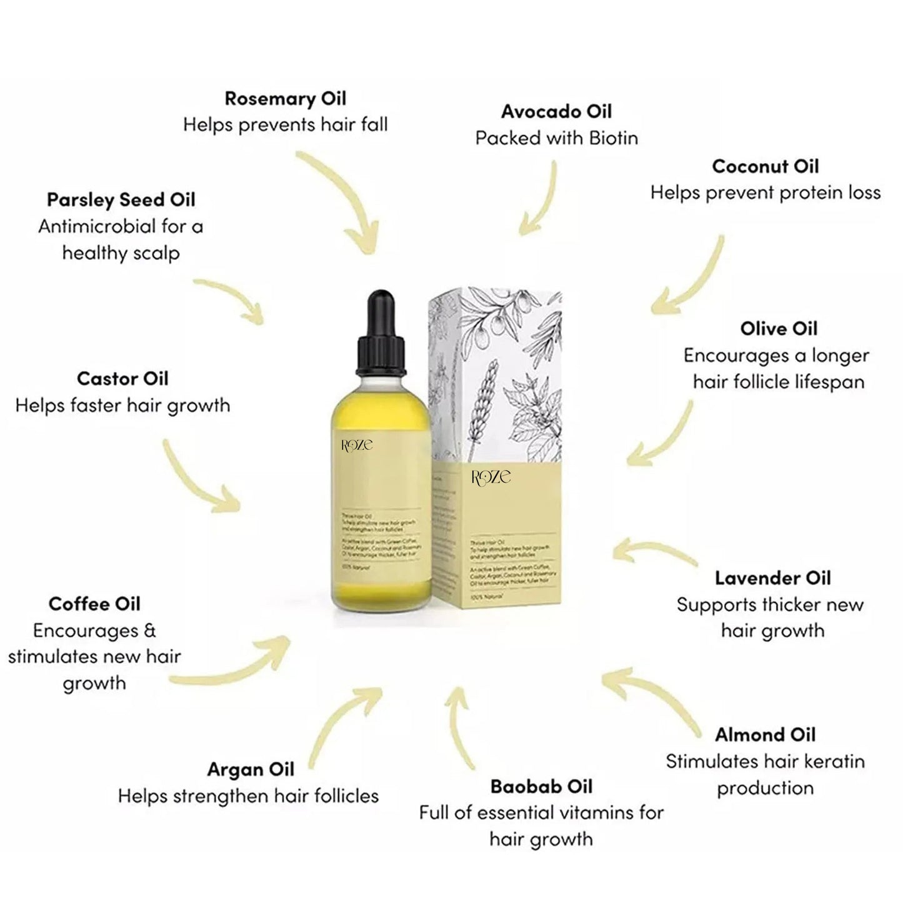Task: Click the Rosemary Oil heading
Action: point(285,99)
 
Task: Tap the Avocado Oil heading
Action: point(556,112)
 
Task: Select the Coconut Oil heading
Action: point(765,166)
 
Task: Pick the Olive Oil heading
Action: point(779,329)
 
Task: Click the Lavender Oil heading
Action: point(773,578)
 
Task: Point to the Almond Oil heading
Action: point(765,734)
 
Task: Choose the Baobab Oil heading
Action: point(541,786)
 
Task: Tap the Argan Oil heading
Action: point(251,769)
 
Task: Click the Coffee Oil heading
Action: point(94,604)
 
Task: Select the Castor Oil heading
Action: point(122,379)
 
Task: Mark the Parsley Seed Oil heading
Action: point(121,200)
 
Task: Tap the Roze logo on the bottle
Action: point(357,445)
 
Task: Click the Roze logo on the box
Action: point(491,477)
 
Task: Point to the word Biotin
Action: point(610,138)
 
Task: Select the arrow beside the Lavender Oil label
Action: point(653,553)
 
